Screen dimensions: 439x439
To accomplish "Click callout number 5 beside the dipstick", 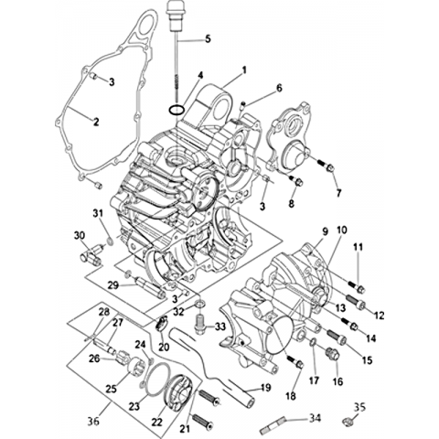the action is point(208,39).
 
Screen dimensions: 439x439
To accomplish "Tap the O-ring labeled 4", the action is point(177,109).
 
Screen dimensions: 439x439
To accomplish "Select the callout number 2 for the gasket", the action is point(96,122).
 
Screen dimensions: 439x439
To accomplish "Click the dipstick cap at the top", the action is point(175,16).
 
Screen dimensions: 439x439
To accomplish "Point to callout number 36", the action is point(93,422).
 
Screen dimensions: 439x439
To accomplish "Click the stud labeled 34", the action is point(273,424).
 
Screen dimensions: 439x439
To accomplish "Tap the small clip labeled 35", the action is point(347,422).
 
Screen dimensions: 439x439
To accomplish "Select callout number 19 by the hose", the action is point(265,388).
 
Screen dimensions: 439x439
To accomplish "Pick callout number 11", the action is point(359,247).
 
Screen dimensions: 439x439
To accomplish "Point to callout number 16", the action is point(338,381).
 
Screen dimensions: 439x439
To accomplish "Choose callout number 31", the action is point(98,214).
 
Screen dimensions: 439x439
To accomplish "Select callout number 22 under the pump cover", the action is point(157,422).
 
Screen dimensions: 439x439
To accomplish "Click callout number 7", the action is point(338,193).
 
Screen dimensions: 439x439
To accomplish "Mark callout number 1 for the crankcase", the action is point(244,70).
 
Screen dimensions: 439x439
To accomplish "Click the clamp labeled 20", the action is point(162,324).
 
